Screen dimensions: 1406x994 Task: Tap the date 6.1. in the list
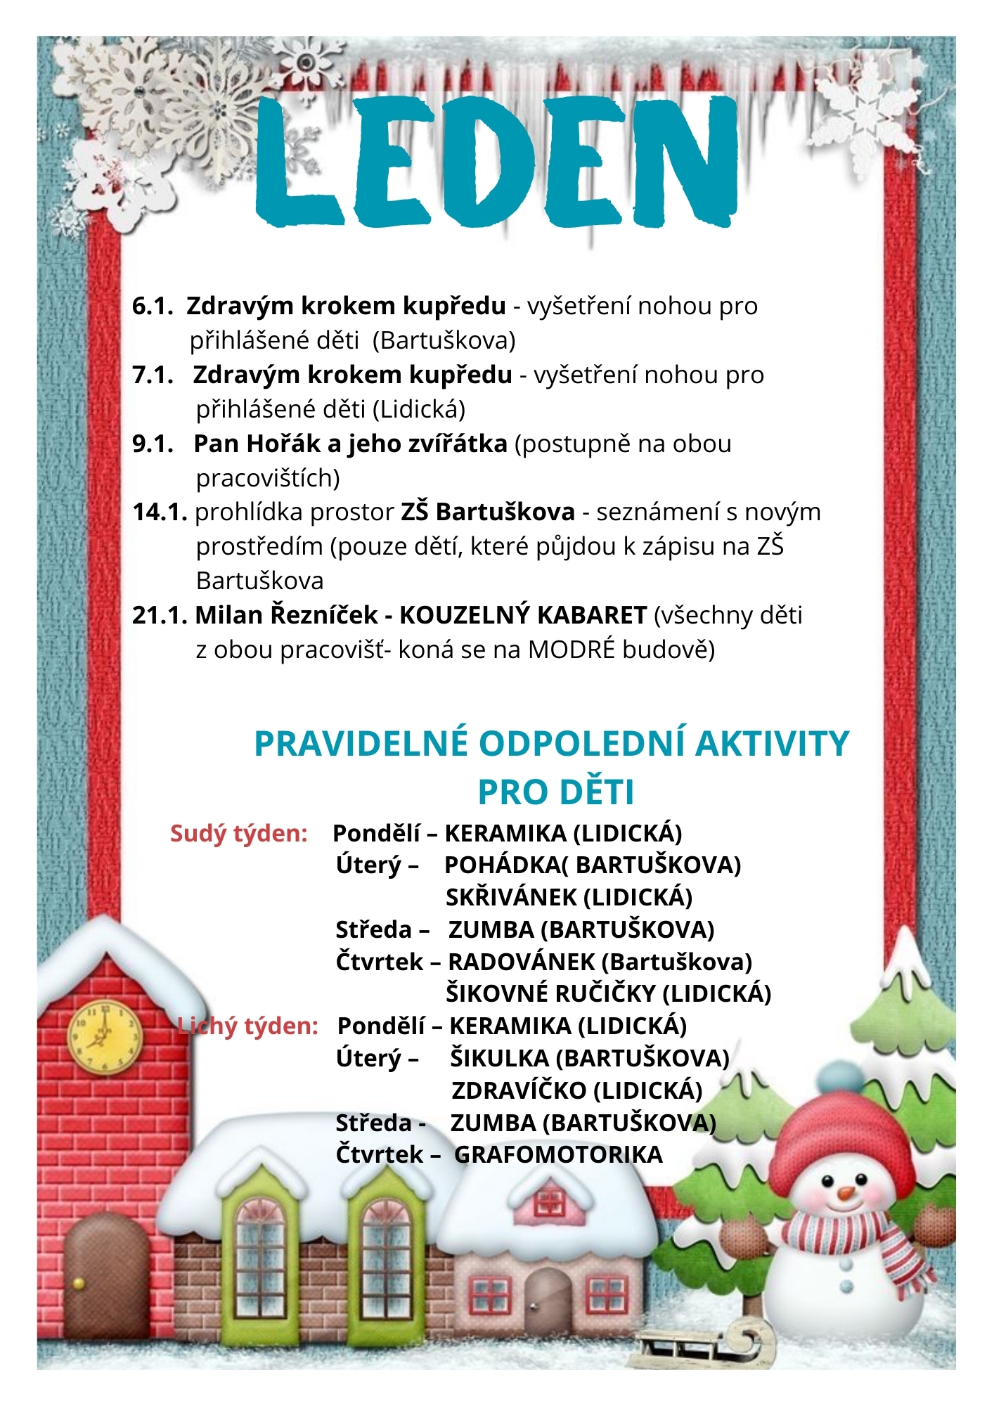click(x=153, y=307)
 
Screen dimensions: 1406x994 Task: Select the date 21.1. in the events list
click(x=159, y=616)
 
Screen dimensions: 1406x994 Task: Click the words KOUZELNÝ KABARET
click(x=522, y=616)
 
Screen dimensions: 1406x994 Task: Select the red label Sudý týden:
click(x=239, y=834)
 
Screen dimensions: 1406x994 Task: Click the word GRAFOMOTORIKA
click(x=558, y=1154)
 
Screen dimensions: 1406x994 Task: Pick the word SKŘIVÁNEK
click(x=511, y=898)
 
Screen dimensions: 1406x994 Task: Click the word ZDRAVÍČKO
click(x=519, y=1090)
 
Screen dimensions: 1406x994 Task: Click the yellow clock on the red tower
click(x=104, y=1036)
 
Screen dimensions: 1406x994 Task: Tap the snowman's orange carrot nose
click(x=846, y=1193)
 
